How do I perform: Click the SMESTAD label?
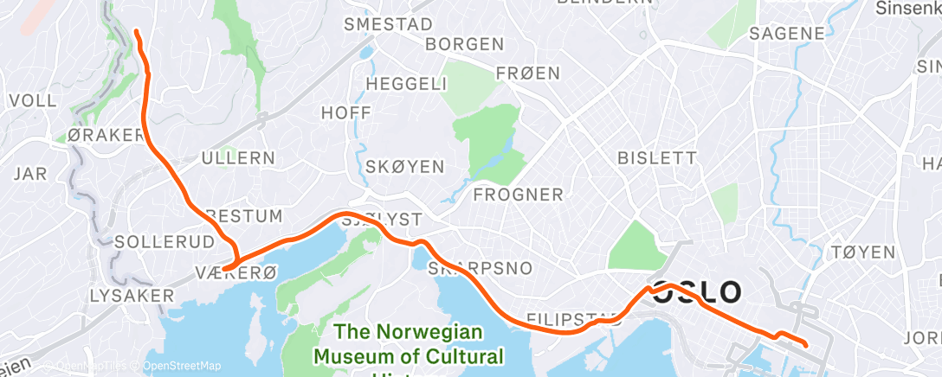pos(388,24)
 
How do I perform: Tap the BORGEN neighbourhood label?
pos(465,44)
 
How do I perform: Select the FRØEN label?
pos(528,74)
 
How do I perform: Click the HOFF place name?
pos(345,112)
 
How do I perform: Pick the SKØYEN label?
pos(404,166)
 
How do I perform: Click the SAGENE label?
pos(786,35)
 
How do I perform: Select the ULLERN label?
pos(238,158)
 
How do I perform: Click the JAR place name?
pos(30,174)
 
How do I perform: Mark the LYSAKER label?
pos(126,296)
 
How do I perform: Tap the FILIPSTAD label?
pos(568,319)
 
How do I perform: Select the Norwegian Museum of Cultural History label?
pos(408,343)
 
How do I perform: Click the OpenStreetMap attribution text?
pos(181,366)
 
